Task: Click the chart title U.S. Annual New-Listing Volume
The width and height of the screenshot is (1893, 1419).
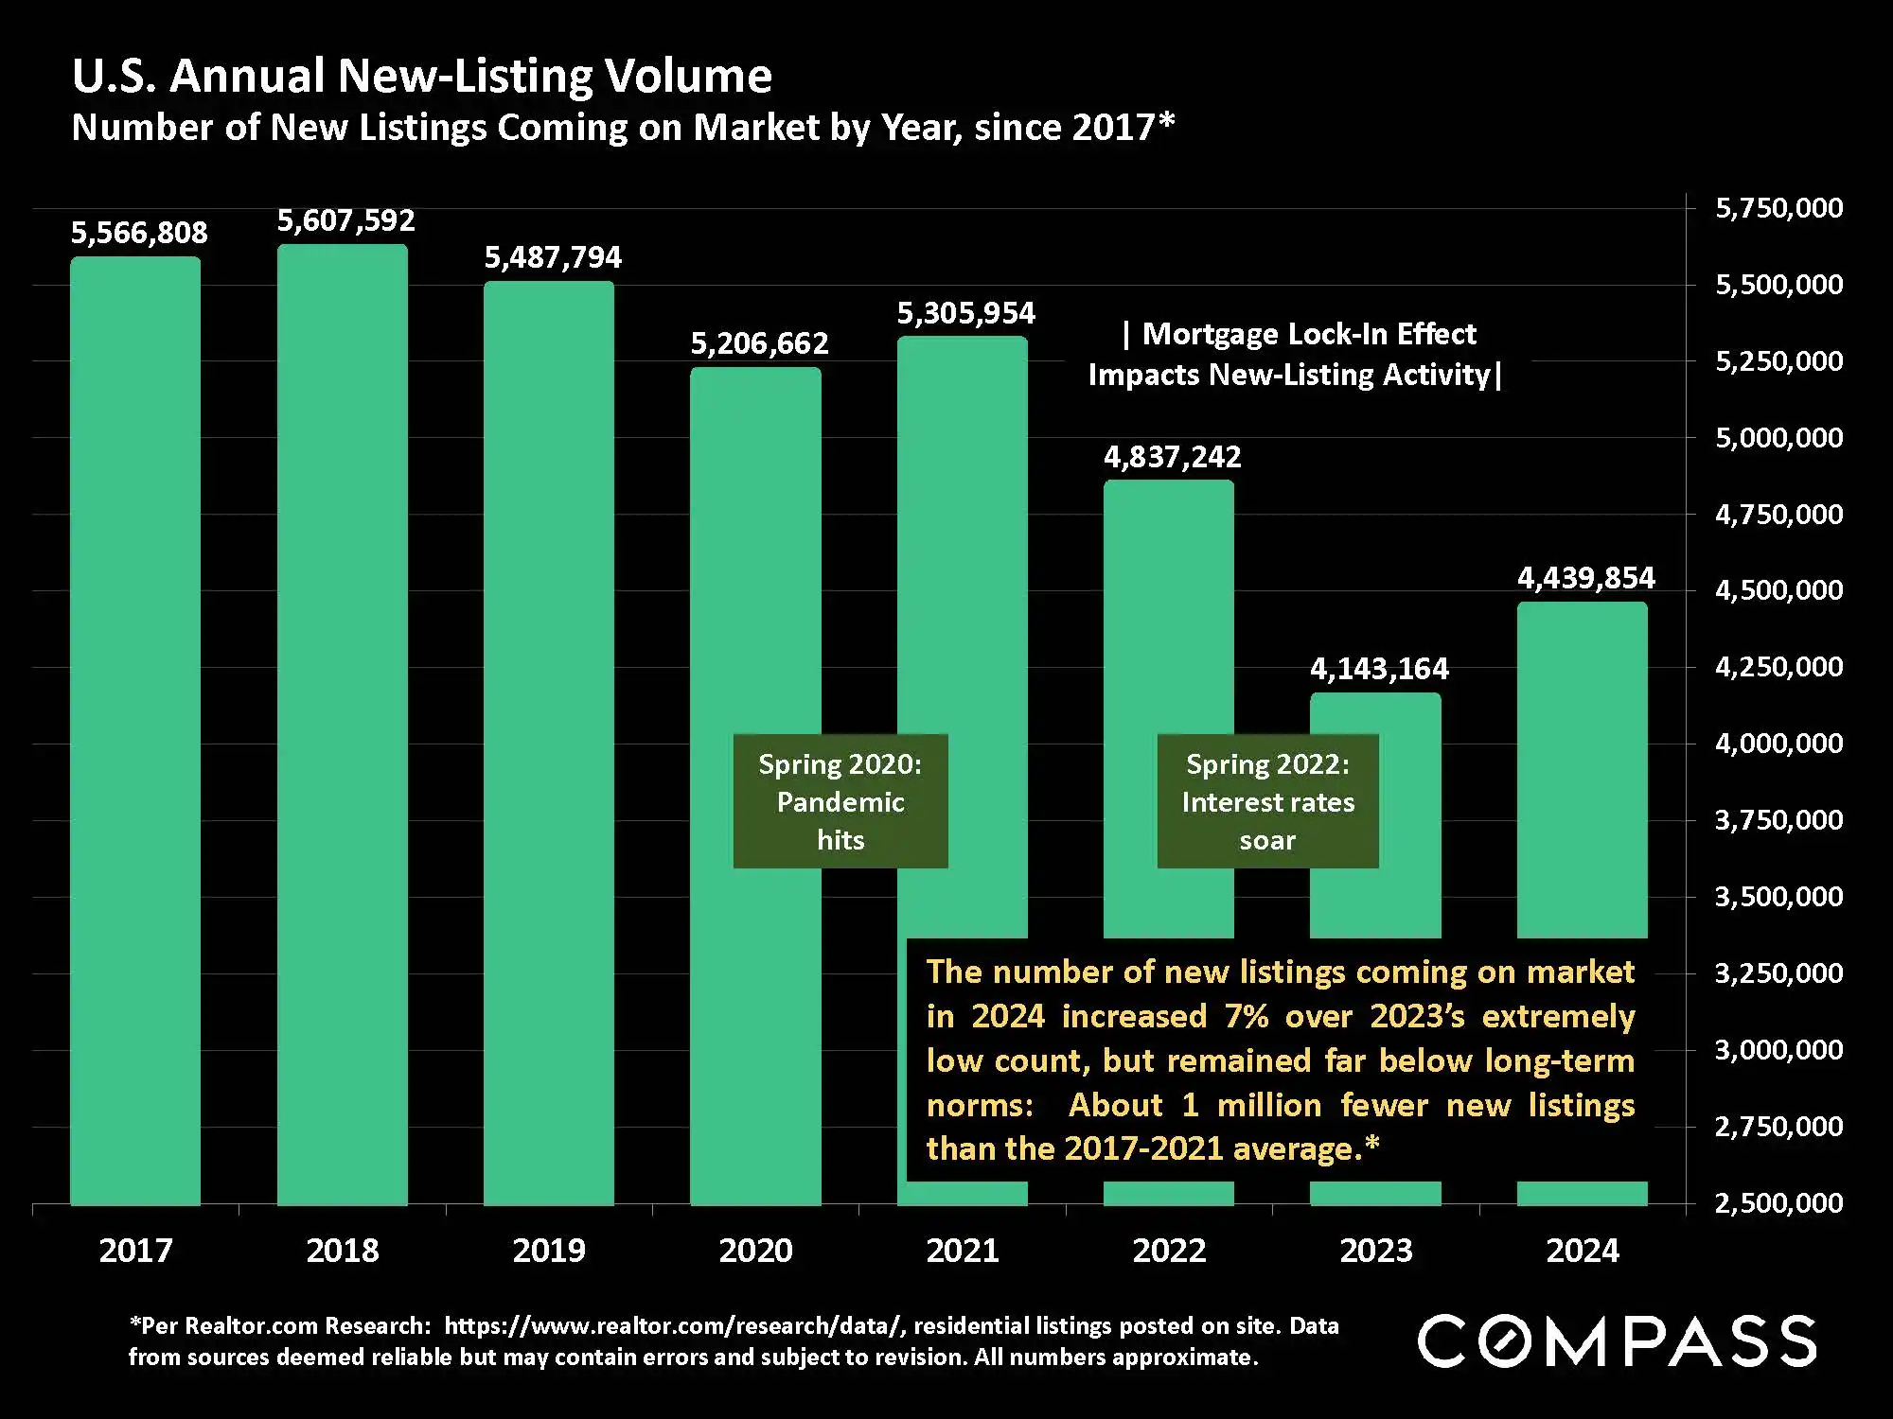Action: [x=421, y=76]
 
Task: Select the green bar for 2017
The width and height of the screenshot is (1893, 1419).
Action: [x=135, y=728]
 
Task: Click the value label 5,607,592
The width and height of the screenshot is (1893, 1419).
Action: [x=346, y=220]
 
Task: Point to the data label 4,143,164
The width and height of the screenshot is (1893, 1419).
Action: [x=1379, y=669]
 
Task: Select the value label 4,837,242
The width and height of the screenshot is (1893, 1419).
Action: [x=1172, y=457]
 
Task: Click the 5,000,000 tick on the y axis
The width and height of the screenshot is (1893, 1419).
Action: [x=1779, y=437]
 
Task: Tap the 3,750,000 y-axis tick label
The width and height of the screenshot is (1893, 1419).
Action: [x=1779, y=819]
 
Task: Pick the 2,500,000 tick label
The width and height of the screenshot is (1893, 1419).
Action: [x=1779, y=1202]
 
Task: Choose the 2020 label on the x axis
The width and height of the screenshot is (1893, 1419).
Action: [x=755, y=1251]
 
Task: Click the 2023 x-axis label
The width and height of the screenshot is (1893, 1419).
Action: [x=1376, y=1251]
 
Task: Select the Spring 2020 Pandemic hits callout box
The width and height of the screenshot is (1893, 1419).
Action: [x=840, y=801]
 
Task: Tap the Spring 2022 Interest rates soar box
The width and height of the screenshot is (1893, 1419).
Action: [x=1267, y=801]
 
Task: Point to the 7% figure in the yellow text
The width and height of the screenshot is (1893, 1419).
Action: [x=1246, y=1016]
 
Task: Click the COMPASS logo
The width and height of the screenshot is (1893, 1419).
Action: [x=1617, y=1340]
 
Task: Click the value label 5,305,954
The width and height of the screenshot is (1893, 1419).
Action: [x=966, y=313]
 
